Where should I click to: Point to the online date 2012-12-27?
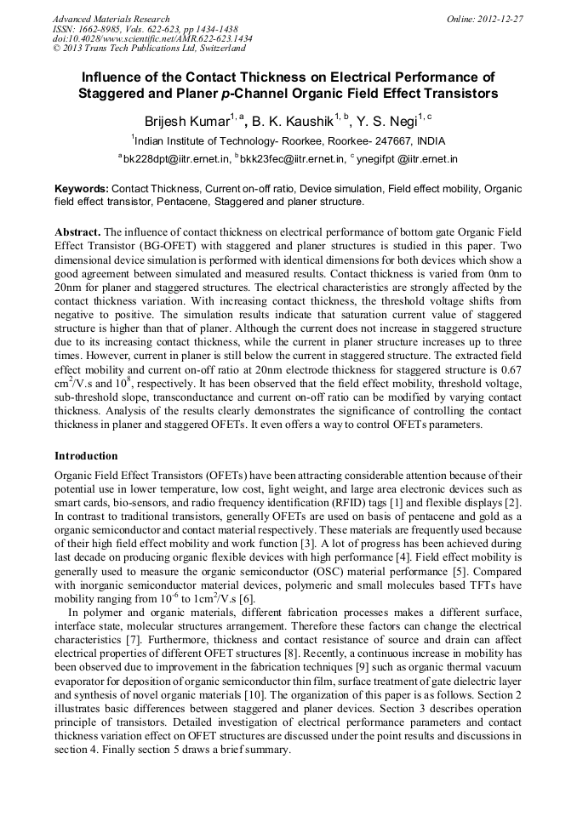[x=500, y=19]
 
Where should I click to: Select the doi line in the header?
[x=151, y=38]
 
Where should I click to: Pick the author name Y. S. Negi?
[x=391, y=120]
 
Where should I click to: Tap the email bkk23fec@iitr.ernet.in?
[x=297, y=158]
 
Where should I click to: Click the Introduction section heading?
[x=86, y=456]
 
